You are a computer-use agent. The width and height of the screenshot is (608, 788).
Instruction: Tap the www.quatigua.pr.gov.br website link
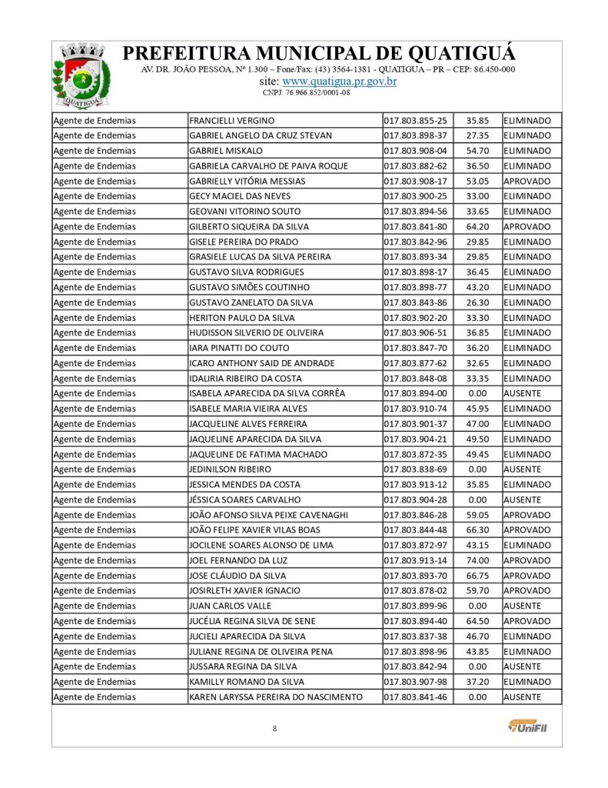coord(340,82)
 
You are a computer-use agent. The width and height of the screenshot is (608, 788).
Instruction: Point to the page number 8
coord(274,728)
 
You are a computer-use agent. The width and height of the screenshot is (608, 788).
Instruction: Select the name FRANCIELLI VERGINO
coord(231,121)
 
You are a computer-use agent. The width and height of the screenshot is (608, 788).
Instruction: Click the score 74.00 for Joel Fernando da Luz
coord(477,560)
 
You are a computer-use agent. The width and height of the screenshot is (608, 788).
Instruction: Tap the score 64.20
coord(477,227)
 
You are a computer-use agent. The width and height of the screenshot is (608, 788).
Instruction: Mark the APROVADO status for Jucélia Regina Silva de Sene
coord(527,621)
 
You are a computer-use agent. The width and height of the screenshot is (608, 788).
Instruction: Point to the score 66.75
coord(477,576)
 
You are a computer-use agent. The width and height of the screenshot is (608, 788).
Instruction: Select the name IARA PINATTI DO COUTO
coord(239,349)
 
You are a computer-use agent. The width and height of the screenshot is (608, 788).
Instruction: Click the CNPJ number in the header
coord(306,93)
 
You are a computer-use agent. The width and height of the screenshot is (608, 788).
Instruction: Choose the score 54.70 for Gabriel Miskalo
coord(477,151)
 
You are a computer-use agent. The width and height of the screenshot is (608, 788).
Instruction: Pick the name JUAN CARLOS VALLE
coord(229,606)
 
